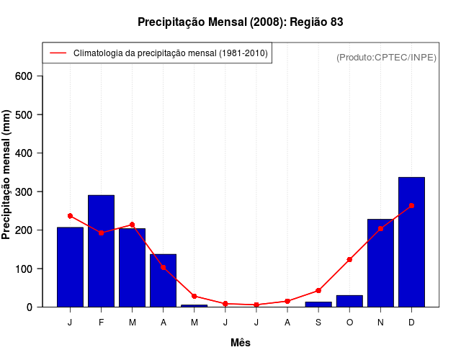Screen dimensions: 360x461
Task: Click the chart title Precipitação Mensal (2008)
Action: [x=240, y=22]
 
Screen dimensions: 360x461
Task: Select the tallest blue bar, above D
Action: [x=411, y=242]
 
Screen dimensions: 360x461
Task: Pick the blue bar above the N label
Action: [x=380, y=263]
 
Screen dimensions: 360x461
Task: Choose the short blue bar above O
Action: [x=349, y=301]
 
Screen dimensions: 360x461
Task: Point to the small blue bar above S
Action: [x=318, y=304]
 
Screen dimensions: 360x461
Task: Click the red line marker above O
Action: [x=349, y=259]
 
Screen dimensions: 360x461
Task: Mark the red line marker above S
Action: [x=318, y=290]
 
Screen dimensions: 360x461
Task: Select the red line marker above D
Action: [x=411, y=206]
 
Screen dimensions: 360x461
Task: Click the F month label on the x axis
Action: [x=101, y=322]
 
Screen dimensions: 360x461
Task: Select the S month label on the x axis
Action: [x=318, y=322]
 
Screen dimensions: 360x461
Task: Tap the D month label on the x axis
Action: [x=411, y=322]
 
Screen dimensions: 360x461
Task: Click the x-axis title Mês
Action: [x=241, y=343]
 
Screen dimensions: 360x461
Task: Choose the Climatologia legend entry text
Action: [x=171, y=53]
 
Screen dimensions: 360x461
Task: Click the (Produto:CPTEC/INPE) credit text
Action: [x=386, y=57]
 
